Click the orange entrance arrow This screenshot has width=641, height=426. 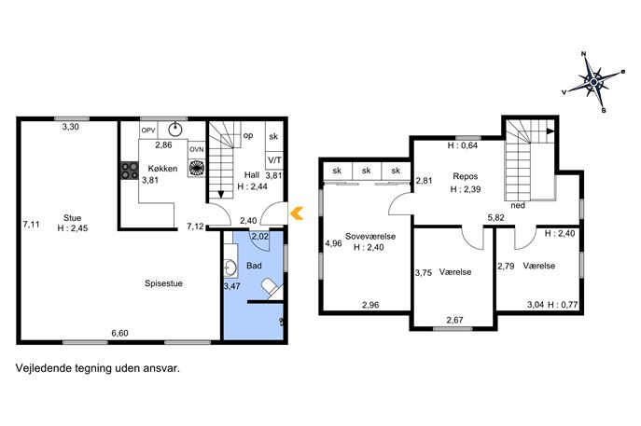(297, 213)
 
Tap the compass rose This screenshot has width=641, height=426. (593, 82)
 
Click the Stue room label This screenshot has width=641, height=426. (73, 218)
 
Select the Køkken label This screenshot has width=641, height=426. (162, 169)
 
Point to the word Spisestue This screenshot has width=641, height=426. (163, 283)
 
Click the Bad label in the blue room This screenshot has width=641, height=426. (254, 266)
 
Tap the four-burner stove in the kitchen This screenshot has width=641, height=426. (130, 171)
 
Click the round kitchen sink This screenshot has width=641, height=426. (175, 129)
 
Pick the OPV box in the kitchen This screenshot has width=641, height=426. (148, 131)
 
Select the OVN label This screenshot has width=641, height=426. (197, 149)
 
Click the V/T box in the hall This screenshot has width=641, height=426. (274, 160)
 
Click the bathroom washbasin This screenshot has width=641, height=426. (230, 268)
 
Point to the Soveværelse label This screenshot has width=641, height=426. (370, 236)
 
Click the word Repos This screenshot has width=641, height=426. (466, 176)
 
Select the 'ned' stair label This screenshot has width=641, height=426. (518, 205)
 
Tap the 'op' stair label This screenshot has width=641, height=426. (248, 135)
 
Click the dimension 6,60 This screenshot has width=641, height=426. (119, 334)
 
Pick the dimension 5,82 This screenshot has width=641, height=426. (495, 218)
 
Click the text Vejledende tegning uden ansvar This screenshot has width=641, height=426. (98, 368)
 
